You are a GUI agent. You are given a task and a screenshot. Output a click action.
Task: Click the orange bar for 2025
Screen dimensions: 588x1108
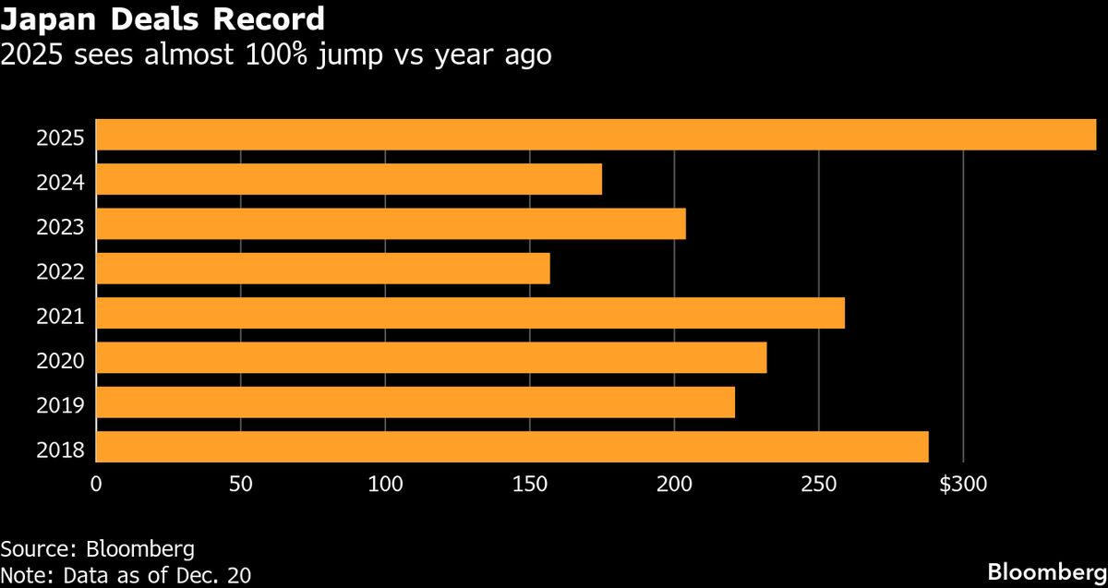click(x=596, y=135)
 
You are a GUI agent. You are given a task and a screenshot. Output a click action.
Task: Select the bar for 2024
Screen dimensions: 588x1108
click(x=349, y=179)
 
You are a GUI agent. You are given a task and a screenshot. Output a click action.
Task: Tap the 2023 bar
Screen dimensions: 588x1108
click(x=391, y=223)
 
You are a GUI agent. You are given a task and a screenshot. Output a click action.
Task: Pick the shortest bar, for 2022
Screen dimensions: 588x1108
click(x=323, y=269)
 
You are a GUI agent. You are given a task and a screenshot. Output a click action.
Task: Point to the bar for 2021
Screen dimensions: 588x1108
click(x=470, y=313)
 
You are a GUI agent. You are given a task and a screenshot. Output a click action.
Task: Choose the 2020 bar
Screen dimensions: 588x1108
click(x=431, y=357)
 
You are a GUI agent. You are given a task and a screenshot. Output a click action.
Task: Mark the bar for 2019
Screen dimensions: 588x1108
click(x=415, y=402)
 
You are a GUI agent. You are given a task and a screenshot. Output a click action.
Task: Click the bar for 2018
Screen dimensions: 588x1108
click(x=512, y=447)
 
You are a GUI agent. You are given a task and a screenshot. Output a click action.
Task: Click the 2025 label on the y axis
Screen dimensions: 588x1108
click(x=60, y=138)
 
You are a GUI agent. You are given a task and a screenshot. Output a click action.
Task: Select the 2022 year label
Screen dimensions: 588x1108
click(x=60, y=272)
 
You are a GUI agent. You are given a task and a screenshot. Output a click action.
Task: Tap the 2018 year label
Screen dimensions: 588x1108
click(x=60, y=450)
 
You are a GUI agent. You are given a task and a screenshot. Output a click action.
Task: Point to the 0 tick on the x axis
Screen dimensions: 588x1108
click(x=96, y=483)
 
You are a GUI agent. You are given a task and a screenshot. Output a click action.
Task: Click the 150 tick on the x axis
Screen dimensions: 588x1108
click(x=530, y=483)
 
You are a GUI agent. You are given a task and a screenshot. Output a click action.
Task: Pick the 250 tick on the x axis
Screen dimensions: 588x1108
click(x=819, y=483)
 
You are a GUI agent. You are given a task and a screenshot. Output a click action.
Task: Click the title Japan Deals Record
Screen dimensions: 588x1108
click(x=163, y=18)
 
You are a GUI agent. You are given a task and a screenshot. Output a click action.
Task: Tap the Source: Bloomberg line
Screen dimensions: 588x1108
click(x=97, y=548)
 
